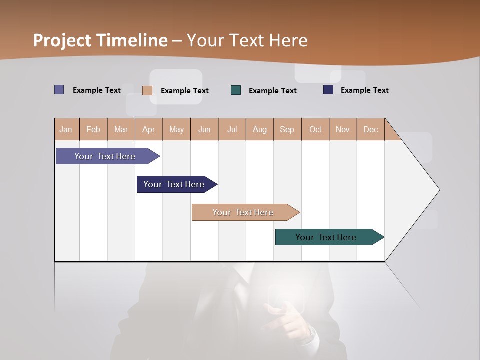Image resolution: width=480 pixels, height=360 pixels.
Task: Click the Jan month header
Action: (x=66, y=129)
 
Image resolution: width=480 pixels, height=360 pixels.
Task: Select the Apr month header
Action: (x=149, y=129)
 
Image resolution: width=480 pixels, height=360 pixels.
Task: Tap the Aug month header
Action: (x=260, y=129)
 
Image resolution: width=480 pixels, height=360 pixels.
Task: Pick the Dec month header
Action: (x=371, y=129)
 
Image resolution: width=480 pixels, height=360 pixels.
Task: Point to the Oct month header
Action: (x=315, y=129)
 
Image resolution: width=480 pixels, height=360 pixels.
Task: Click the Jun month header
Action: (x=204, y=129)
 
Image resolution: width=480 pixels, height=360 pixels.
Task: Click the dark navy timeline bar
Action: (x=175, y=184)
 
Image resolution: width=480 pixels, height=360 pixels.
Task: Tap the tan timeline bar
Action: (x=243, y=212)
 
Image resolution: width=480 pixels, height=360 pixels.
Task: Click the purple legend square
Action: (x=59, y=90)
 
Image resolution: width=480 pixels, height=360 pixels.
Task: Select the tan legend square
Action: (x=147, y=90)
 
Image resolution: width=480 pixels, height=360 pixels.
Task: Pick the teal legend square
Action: (x=236, y=90)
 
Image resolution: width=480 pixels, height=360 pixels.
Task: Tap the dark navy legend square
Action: (x=328, y=90)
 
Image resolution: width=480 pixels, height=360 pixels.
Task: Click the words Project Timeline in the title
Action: (x=100, y=40)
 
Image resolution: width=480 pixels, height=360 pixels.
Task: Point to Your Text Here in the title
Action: (x=247, y=40)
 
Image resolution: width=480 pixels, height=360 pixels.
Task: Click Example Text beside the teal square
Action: (x=273, y=90)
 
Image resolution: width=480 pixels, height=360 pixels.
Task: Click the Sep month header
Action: (x=287, y=129)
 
